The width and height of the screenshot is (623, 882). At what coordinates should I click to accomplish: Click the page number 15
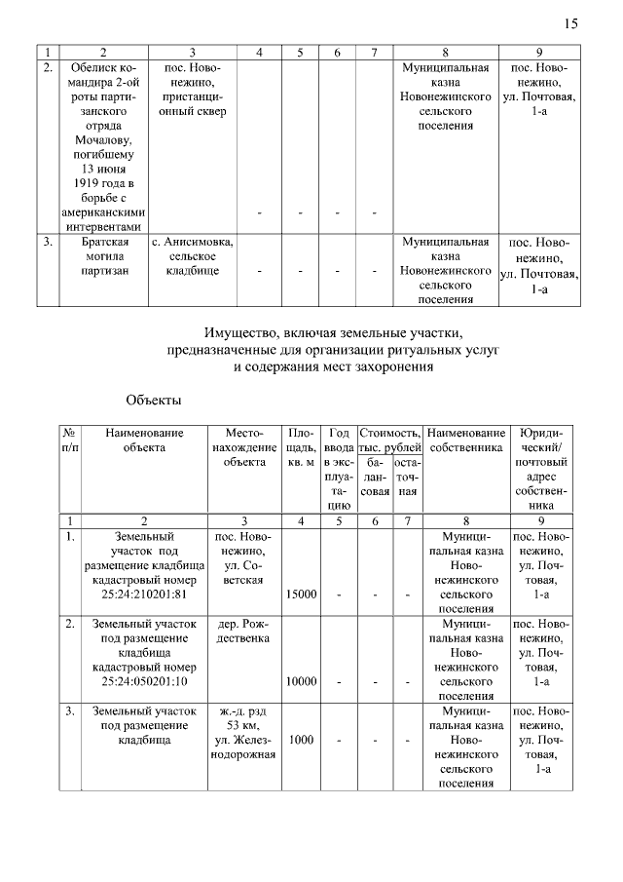[x=570, y=23]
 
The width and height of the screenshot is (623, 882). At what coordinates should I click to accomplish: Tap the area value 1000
[x=301, y=740]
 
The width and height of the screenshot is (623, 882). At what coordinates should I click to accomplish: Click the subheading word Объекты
[x=154, y=400]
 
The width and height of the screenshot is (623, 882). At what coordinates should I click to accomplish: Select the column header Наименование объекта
[x=144, y=440]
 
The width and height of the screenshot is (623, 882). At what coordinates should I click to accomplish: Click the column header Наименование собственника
[x=467, y=440]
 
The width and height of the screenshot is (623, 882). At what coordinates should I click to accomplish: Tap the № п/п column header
[x=70, y=440]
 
